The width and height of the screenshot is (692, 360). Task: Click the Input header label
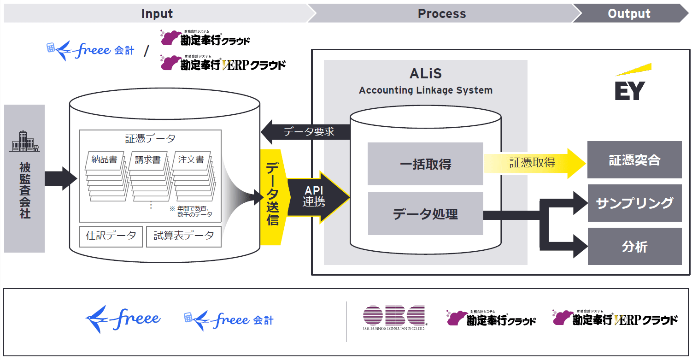[x=157, y=14]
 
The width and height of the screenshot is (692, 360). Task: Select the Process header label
[x=441, y=14]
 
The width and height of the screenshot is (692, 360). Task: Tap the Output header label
[x=629, y=14]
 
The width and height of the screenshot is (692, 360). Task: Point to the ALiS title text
[x=425, y=74]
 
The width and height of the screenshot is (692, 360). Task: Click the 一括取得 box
[x=425, y=164]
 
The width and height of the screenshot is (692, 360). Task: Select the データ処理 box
[x=425, y=214]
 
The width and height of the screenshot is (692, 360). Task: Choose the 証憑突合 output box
[x=634, y=160]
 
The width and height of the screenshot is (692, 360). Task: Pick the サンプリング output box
[x=634, y=203]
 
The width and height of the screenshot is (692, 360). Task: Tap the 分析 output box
[x=634, y=247]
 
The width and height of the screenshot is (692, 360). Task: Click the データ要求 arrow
[x=306, y=132]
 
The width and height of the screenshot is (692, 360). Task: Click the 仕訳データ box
[x=111, y=236]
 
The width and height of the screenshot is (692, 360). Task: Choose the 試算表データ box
[x=183, y=236]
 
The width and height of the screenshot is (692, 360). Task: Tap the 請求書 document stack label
[x=148, y=160]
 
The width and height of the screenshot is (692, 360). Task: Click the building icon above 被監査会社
[x=24, y=141]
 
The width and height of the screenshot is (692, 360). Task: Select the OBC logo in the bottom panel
[x=394, y=318]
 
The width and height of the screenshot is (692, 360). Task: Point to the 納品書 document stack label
[x=104, y=160]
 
